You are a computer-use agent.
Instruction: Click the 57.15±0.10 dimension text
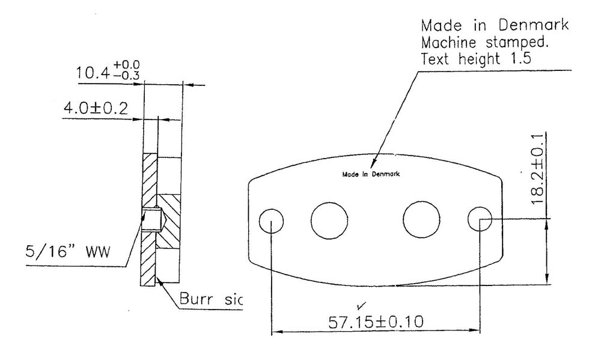374,321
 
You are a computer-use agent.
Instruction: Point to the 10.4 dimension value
93,73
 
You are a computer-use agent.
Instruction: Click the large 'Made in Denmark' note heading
495,26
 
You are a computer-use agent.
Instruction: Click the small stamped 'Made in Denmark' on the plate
371,174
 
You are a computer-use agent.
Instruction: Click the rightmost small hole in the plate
481,220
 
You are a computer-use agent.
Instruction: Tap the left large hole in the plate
329,219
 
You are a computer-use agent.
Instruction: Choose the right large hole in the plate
422,219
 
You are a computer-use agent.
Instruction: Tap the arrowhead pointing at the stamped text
373,165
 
